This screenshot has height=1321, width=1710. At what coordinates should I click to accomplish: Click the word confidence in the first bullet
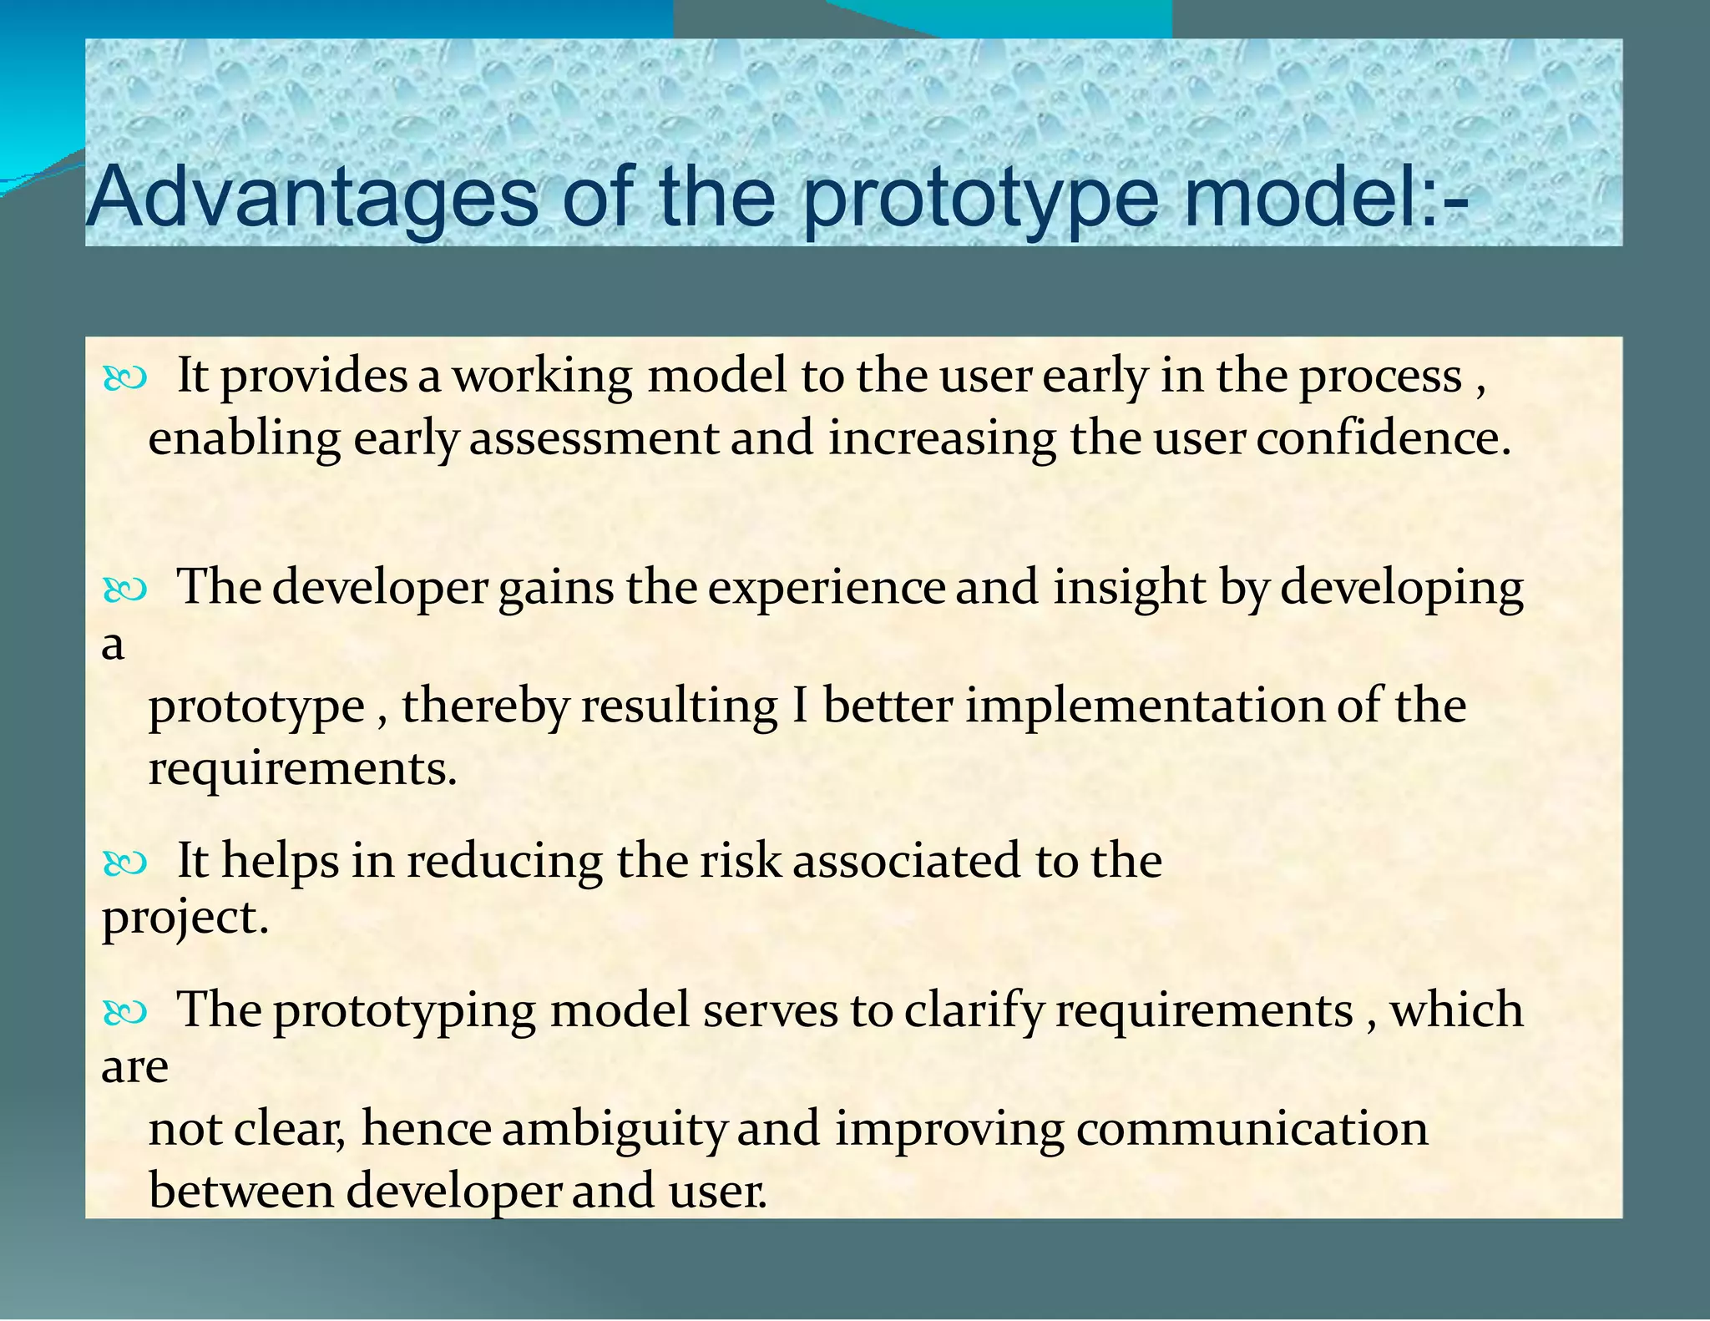click(1384, 438)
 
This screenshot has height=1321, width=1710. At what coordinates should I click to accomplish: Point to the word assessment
click(594, 438)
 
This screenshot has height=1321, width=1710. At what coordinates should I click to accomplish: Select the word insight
click(1130, 588)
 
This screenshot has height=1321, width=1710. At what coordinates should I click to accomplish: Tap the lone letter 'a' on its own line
click(113, 645)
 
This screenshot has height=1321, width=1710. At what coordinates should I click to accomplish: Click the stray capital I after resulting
click(799, 706)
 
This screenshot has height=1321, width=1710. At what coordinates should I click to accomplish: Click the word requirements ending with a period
click(302, 768)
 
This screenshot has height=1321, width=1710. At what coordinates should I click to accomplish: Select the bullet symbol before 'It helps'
click(125, 864)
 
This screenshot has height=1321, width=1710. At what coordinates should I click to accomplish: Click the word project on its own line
click(185, 919)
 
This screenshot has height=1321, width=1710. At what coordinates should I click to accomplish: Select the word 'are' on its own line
click(134, 1068)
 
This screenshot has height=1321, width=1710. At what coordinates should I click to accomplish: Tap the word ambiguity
click(615, 1130)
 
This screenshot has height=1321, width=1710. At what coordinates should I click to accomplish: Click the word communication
click(1252, 1128)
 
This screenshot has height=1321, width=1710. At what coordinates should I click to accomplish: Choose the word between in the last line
click(241, 1191)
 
